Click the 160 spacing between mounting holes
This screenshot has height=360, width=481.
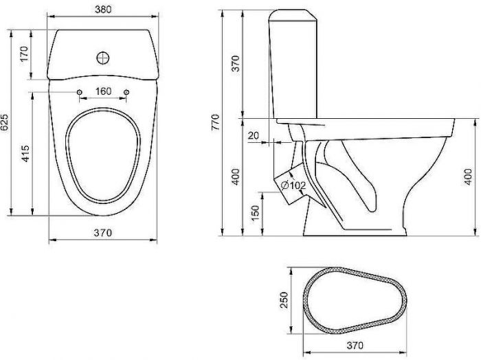tap(103, 92)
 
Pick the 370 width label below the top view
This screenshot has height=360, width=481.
tap(102, 233)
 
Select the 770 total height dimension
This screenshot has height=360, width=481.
tap(214, 123)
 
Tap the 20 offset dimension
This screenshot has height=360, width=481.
tap(254, 135)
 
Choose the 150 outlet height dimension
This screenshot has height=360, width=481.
tap(255, 214)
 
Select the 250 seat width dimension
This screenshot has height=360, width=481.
tap(283, 300)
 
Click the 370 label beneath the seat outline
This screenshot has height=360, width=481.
tap(353, 345)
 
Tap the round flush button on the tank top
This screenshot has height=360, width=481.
tap(104, 58)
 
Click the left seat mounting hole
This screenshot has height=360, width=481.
tap(80, 92)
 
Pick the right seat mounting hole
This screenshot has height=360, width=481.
tap(127, 92)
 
